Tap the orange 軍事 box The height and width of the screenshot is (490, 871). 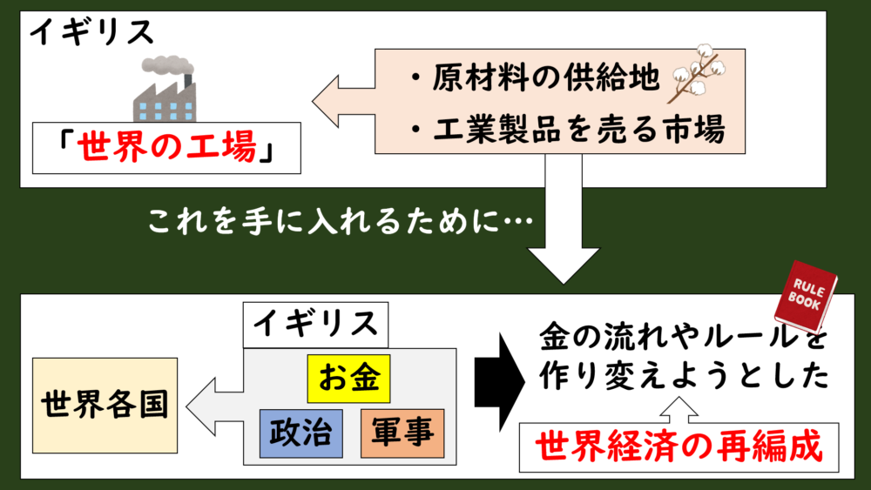(x=402, y=432)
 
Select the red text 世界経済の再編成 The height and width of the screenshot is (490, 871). (x=679, y=447)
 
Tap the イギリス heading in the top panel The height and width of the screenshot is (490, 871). (x=91, y=33)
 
